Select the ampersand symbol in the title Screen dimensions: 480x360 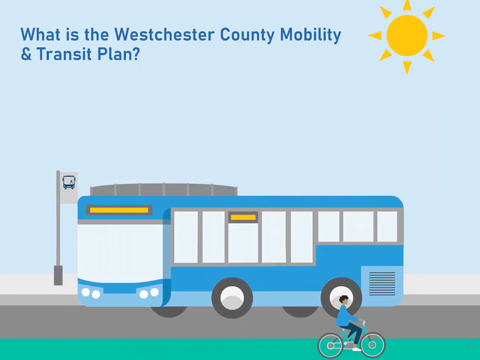[x=26, y=54]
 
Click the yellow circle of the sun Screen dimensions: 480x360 [x=407, y=35]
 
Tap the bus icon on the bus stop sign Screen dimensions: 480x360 [x=69, y=182]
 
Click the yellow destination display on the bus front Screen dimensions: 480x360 [x=119, y=210]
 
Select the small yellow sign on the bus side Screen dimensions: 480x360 [x=243, y=217]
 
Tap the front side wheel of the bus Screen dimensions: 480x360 [x=232, y=298]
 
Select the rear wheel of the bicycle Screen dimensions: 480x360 [x=330, y=345]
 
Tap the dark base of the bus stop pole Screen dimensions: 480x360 [x=58, y=275]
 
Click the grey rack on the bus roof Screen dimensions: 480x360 [x=164, y=189]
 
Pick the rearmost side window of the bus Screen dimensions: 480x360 [x=387, y=226]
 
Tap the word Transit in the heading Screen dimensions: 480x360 [x=64, y=54]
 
